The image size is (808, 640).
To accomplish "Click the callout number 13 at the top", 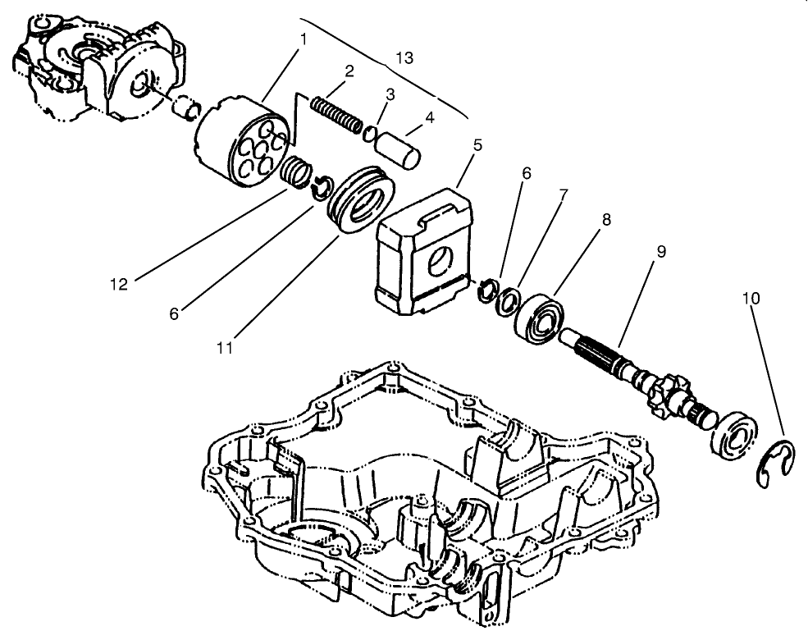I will coord(404,57).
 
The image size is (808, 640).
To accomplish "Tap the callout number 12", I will coord(120,284).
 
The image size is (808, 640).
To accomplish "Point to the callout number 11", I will coord(225,347).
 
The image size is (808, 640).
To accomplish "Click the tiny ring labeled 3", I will coord(371,133).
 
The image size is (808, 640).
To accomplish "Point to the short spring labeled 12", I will coord(297,171).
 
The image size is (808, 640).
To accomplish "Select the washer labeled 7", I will coord(512,299).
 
